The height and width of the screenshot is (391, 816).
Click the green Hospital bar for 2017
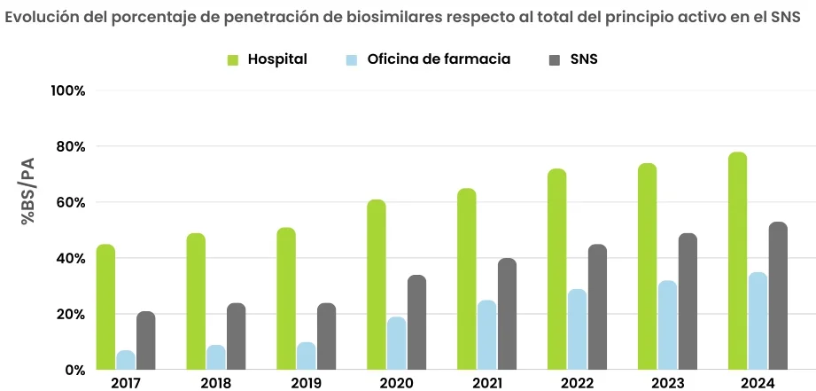(x=105, y=307)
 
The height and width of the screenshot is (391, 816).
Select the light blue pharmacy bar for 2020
(x=396, y=343)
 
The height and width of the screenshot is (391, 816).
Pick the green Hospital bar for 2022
(x=556, y=269)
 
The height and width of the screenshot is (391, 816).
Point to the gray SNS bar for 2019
(x=326, y=336)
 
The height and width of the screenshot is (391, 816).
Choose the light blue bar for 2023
(x=667, y=325)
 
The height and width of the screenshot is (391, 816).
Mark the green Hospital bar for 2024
(x=737, y=261)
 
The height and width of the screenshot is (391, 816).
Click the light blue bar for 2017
(x=126, y=360)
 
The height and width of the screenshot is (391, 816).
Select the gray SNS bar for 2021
(x=507, y=314)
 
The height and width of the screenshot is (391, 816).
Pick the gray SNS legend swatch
(x=556, y=59)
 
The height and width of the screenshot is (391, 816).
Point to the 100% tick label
(x=67, y=90)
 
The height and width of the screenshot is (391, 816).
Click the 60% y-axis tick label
(x=70, y=202)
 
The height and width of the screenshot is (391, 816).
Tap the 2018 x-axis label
(x=216, y=382)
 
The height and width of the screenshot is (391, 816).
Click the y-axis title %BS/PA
(x=28, y=190)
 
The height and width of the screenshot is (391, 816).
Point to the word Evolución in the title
(x=41, y=18)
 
